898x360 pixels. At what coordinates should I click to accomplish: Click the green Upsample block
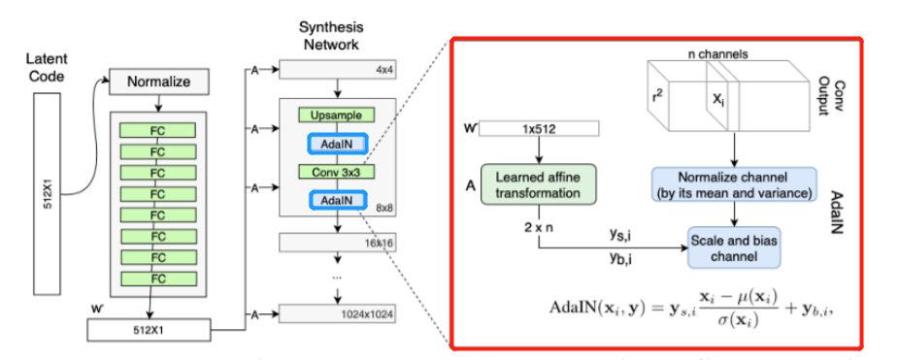pyautogui.click(x=337, y=115)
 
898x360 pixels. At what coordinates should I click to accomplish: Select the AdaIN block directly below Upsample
pyautogui.click(x=337, y=144)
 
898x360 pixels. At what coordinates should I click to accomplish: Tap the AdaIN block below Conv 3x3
pyautogui.click(x=337, y=200)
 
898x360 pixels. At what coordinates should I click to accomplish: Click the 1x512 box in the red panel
pyautogui.click(x=541, y=129)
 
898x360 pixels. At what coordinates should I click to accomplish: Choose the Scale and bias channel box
pyautogui.click(x=733, y=247)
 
